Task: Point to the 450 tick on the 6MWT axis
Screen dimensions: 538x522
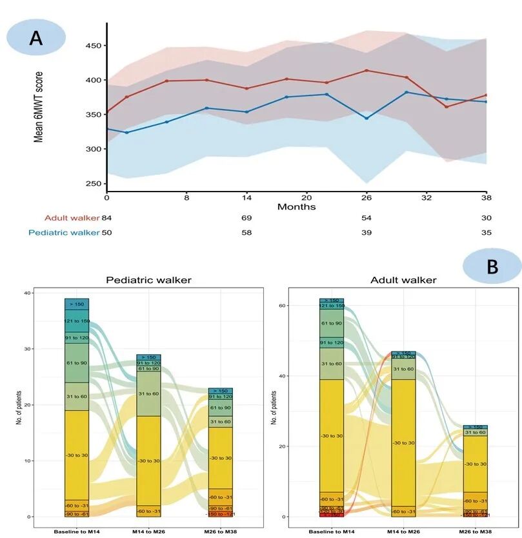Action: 95,46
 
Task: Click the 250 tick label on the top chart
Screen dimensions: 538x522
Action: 95,184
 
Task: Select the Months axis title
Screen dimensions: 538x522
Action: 296,207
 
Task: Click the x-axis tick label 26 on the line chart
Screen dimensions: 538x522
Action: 366,197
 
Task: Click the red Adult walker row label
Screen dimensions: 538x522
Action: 72,219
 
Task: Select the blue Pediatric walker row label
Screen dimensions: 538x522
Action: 63,232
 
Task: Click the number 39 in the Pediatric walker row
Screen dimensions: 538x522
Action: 366,232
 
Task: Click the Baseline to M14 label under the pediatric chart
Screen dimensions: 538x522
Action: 76,532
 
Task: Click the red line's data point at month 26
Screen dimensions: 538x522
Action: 366,70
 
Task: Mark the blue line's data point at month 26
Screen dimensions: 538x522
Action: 366,118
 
